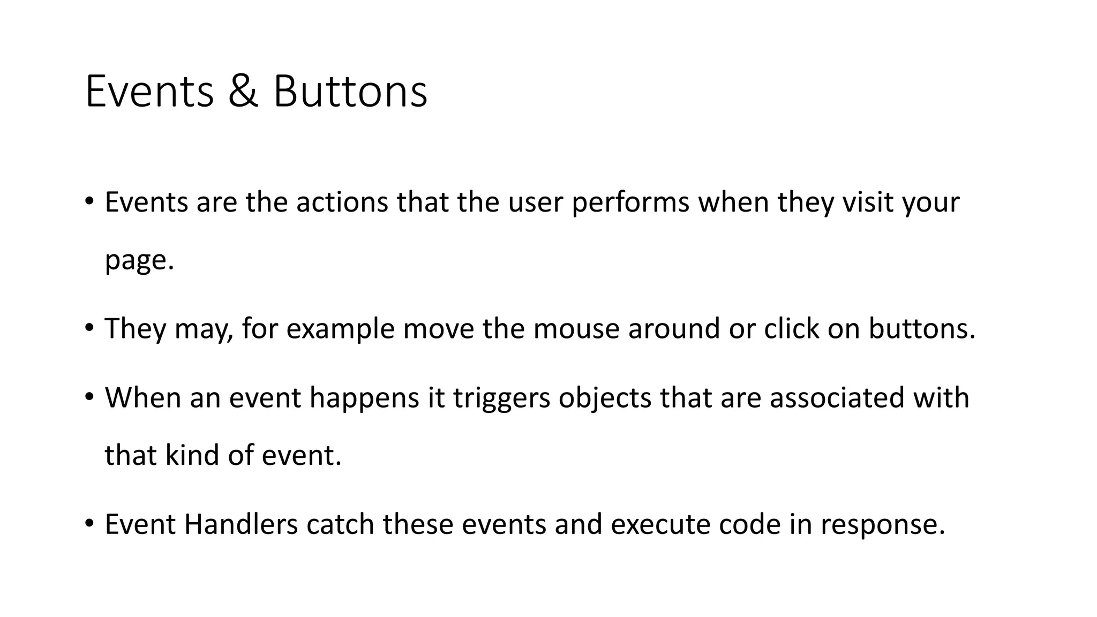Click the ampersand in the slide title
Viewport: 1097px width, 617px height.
[243, 92]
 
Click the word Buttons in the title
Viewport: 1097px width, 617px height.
[350, 92]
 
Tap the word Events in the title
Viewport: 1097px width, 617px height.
[149, 92]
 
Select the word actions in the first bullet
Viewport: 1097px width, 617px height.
[342, 202]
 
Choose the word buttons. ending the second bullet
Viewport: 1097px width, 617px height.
[922, 329]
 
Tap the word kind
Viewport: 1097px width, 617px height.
[192, 456]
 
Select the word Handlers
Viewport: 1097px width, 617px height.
[241, 524]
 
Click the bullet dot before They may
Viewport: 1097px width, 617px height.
[89, 326]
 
